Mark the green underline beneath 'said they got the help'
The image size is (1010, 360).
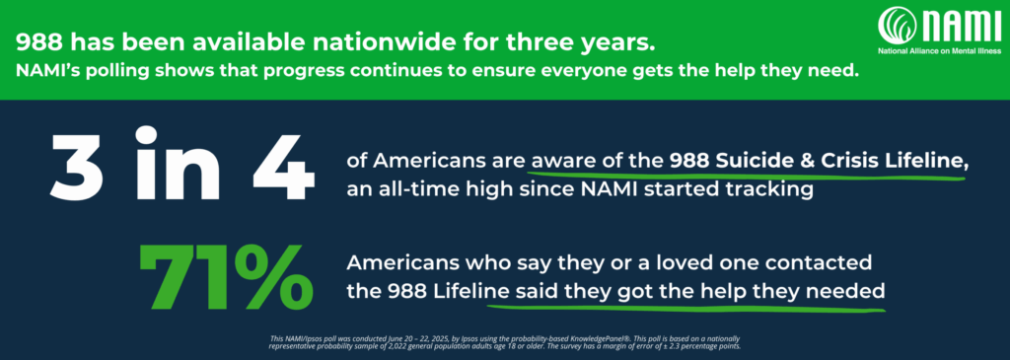(x=690, y=309)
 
